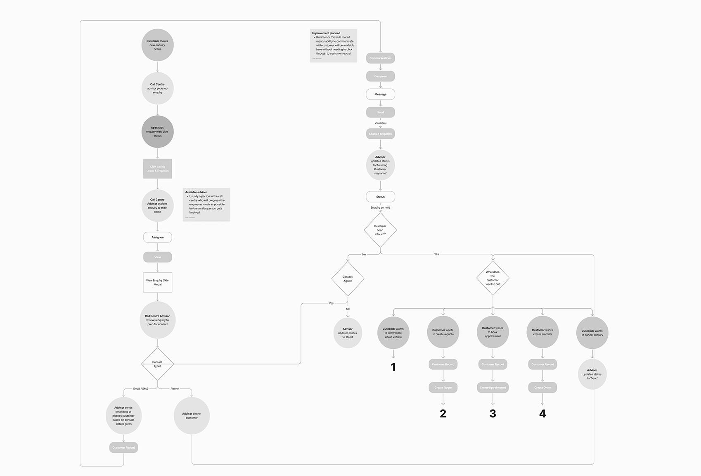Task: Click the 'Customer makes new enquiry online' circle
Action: point(157,45)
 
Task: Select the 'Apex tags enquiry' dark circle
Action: point(157,132)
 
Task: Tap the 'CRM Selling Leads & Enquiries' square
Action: point(157,169)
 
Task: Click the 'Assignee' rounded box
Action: point(157,237)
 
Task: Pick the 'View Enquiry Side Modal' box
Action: point(157,282)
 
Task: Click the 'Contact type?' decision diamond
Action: point(157,364)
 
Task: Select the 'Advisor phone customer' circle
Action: point(192,416)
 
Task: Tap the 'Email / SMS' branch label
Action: point(140,389)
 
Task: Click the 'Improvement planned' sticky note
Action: point(333,45)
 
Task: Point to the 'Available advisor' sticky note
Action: point(206,204)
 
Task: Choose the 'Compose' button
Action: point(380,76)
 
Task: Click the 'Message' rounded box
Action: point(380,94)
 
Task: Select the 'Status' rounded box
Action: point(380,197)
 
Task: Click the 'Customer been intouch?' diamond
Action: point(380,230)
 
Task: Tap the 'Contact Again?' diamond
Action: point(348,279)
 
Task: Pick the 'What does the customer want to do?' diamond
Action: point(493,278)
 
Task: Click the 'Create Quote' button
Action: point(443,388)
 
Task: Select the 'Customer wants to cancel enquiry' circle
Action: point(592,333)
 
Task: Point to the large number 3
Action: point(493,414)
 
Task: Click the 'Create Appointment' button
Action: point(493,388)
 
